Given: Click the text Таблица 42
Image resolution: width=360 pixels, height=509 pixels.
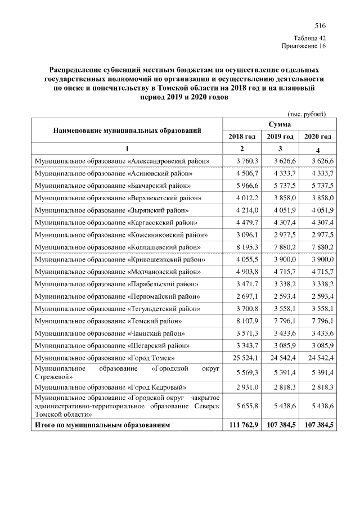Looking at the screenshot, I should tap(310, 38).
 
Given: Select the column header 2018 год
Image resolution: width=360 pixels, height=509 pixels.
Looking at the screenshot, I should tap(242, 137).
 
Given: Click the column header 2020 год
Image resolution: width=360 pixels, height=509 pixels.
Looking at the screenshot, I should tap(317, 137).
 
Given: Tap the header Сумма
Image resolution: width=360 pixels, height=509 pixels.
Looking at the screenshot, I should tap(280, 123).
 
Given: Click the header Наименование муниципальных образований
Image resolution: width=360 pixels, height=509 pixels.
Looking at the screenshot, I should tap(127, 130).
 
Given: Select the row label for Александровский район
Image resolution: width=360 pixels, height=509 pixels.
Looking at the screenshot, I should tap(122, 161).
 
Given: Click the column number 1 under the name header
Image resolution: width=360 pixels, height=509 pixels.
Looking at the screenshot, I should tap(127, 149).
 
